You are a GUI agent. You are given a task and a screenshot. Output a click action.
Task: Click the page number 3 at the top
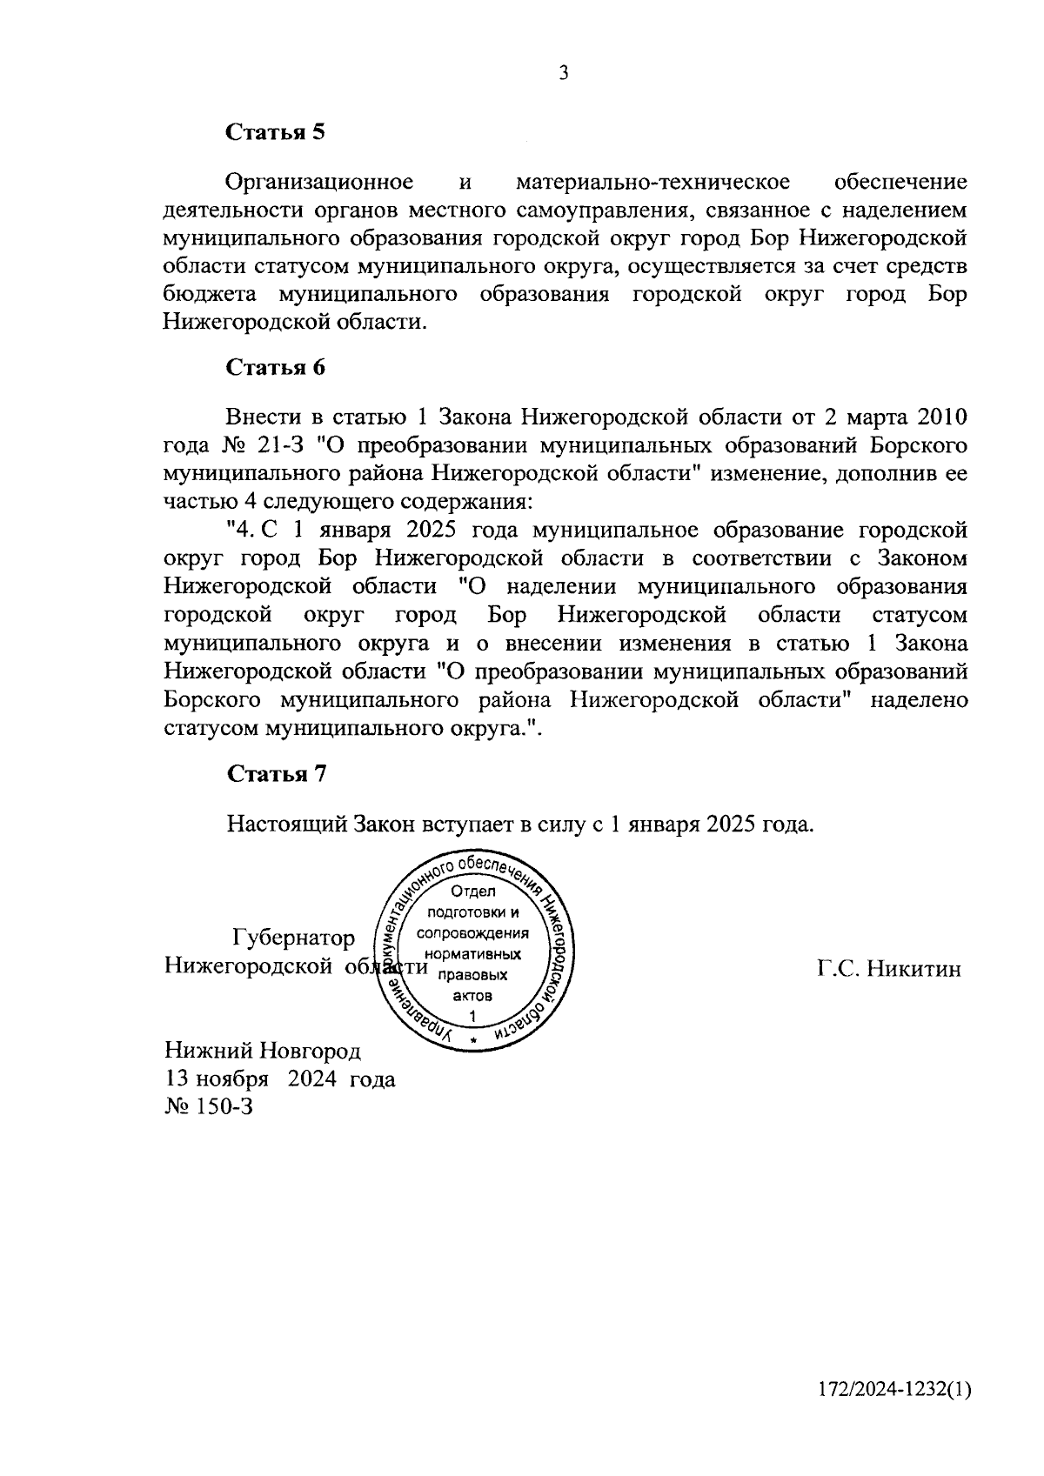coord(563,75)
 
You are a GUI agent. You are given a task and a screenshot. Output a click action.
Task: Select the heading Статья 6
coord(276,367)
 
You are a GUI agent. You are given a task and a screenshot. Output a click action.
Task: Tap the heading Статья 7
coord(276,774)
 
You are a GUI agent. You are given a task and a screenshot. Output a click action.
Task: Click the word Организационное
coord(318,183)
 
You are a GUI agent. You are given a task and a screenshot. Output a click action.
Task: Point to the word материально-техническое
coord(652,183)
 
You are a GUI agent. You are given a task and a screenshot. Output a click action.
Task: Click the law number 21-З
coord(278,446)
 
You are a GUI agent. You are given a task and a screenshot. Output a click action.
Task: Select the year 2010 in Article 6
coord(941,418)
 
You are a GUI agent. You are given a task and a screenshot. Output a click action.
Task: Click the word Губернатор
coord(294,938)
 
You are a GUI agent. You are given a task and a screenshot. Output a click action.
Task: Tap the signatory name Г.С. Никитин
coord(889,969)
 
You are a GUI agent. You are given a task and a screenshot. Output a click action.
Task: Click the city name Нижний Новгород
coord(262,1051)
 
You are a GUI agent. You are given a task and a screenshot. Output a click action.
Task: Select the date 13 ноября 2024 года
coord(279,1079)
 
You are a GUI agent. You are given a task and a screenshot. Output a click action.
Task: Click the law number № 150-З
coord(208,1107)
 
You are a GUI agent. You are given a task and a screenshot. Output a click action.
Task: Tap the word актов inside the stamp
coord(472,996)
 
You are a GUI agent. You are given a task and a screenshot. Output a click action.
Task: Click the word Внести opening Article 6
coord(259,418)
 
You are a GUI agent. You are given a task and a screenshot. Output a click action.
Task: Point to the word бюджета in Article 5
coord(204,295)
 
